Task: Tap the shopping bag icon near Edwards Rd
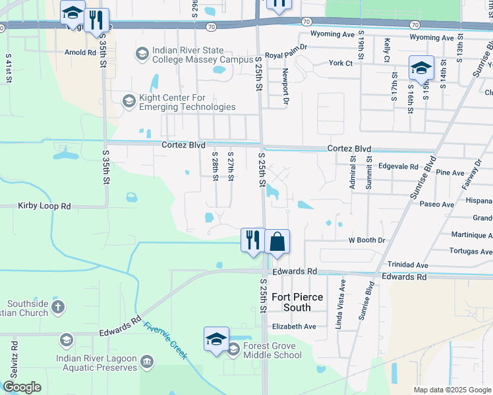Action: tap(278, 242)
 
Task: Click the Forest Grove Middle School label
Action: tap(272, 350)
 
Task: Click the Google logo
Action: tap(22, 387)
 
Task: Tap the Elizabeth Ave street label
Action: tap(294, 326)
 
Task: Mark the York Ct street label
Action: tap(342, 63)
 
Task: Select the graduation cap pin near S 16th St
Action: tap(420, 68)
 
